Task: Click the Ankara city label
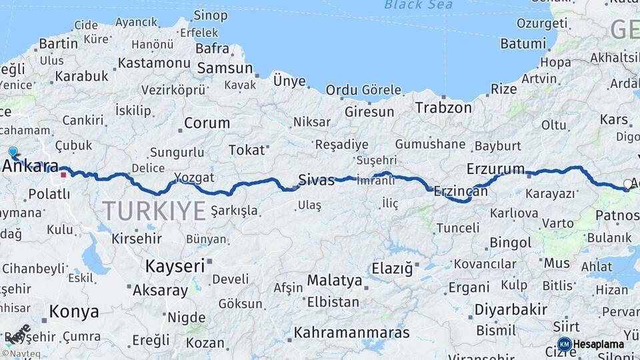pos(32,167)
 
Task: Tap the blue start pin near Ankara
pos(13,152)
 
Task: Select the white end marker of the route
pos(627,183)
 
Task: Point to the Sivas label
pos(316,179)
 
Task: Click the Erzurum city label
pos(496,169)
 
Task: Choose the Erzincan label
pos(461,191)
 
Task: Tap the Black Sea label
pos(418,5)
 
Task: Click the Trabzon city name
pos(443,107)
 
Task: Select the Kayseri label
pos(175,266)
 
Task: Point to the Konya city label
pos(74,311)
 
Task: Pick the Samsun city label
pos(225,68)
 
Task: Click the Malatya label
pos(335,280)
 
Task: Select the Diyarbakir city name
pos(511,309)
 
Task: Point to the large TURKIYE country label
pos(153,211)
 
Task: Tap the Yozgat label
pos(194,177)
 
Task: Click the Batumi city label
pos(523,44)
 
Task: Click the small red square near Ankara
pos(63,175)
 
